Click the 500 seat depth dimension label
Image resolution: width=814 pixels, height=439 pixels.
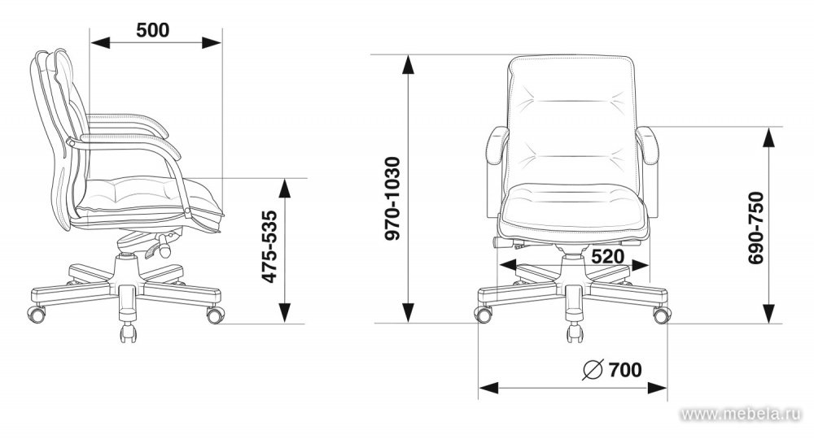[153, 30]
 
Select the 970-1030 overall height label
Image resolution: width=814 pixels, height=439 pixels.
[392, 198]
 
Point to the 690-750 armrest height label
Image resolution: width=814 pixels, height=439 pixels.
[756, 228]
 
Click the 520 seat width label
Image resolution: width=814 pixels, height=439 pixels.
[607, 256]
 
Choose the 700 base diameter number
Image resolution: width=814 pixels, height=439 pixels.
[625, 370]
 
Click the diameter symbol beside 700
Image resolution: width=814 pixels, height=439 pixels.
[593, 369]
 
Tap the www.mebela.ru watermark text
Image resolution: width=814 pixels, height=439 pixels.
[741, 414]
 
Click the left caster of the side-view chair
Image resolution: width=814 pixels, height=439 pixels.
[36, 313]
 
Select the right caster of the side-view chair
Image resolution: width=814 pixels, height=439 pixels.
[216, 315]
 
